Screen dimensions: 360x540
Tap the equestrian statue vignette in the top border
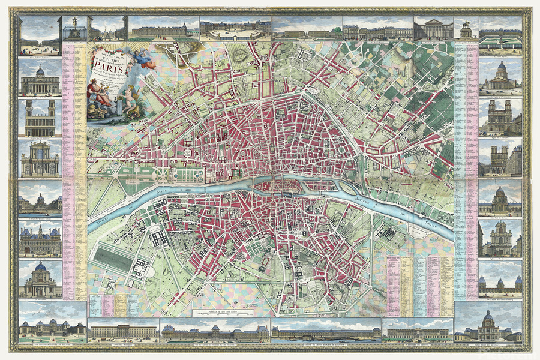coord(466,29)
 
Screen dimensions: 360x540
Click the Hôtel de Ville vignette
coord(40,238)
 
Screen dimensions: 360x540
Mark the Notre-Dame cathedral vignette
coord(500,158)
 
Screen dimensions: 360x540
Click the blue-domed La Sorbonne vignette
coord(40,279)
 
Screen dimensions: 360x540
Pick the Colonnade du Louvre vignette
coord(418,330)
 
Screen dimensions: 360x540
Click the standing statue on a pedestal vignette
coord(75,29)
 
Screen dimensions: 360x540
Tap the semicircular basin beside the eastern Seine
coord(419,230)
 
